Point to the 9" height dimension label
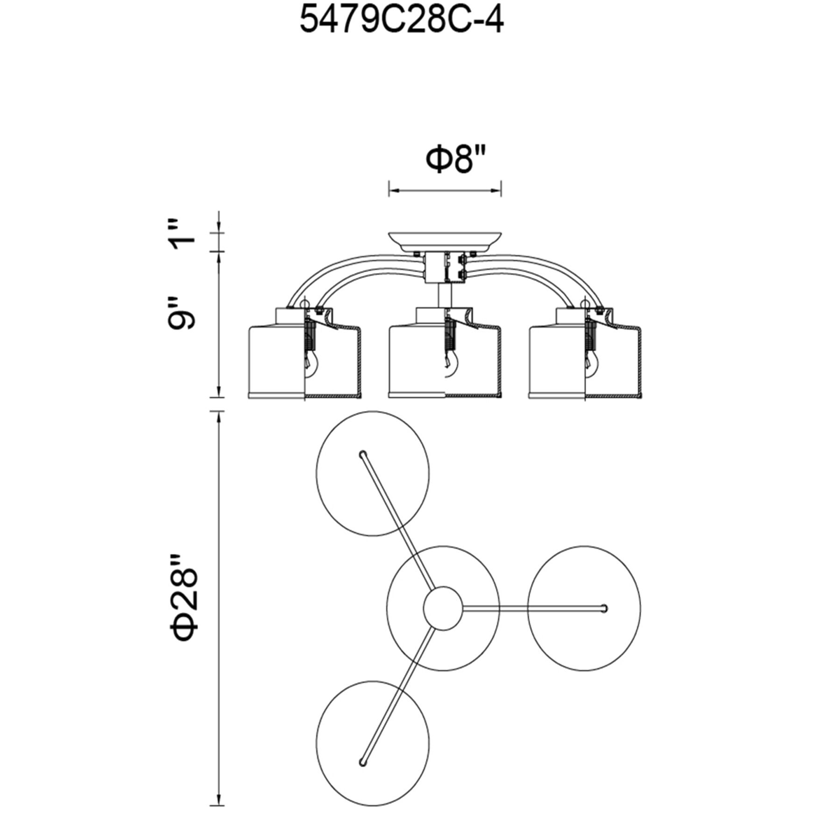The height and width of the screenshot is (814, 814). click(x=183, y=312)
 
